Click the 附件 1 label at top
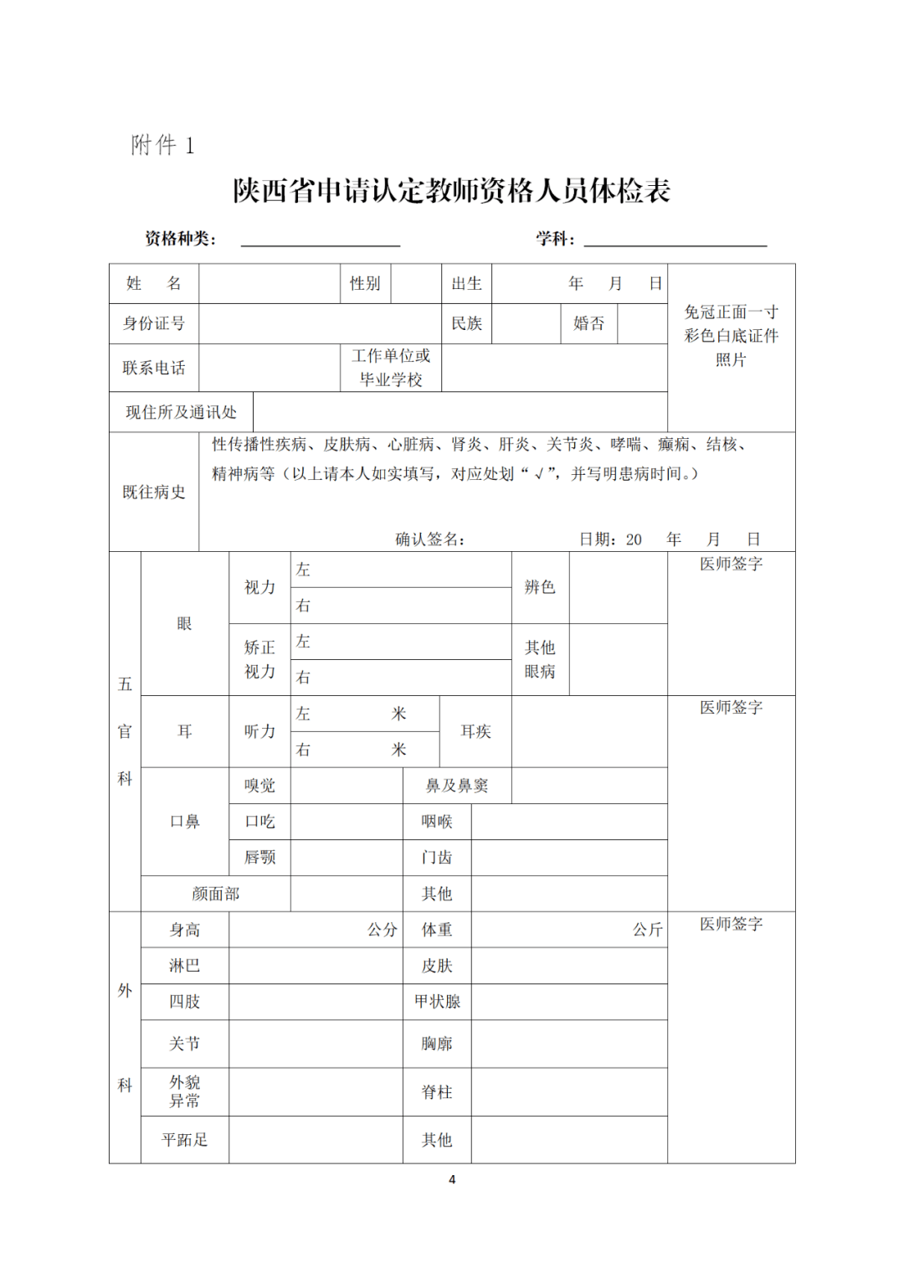162,145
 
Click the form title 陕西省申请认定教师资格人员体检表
452,191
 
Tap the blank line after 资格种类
320,240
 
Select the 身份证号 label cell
154,323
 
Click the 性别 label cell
365,283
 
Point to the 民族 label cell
466,323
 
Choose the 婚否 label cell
588,323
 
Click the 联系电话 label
154,368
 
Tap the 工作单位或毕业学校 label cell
391,368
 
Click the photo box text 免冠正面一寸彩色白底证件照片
731,335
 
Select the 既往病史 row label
154,492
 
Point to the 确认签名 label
429,539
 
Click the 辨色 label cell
540,587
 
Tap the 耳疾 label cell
475,731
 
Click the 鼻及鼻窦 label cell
457,786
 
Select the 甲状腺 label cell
437,1002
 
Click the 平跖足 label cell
184,1140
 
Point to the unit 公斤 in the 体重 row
647,930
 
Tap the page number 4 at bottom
452,1179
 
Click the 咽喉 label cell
437,822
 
